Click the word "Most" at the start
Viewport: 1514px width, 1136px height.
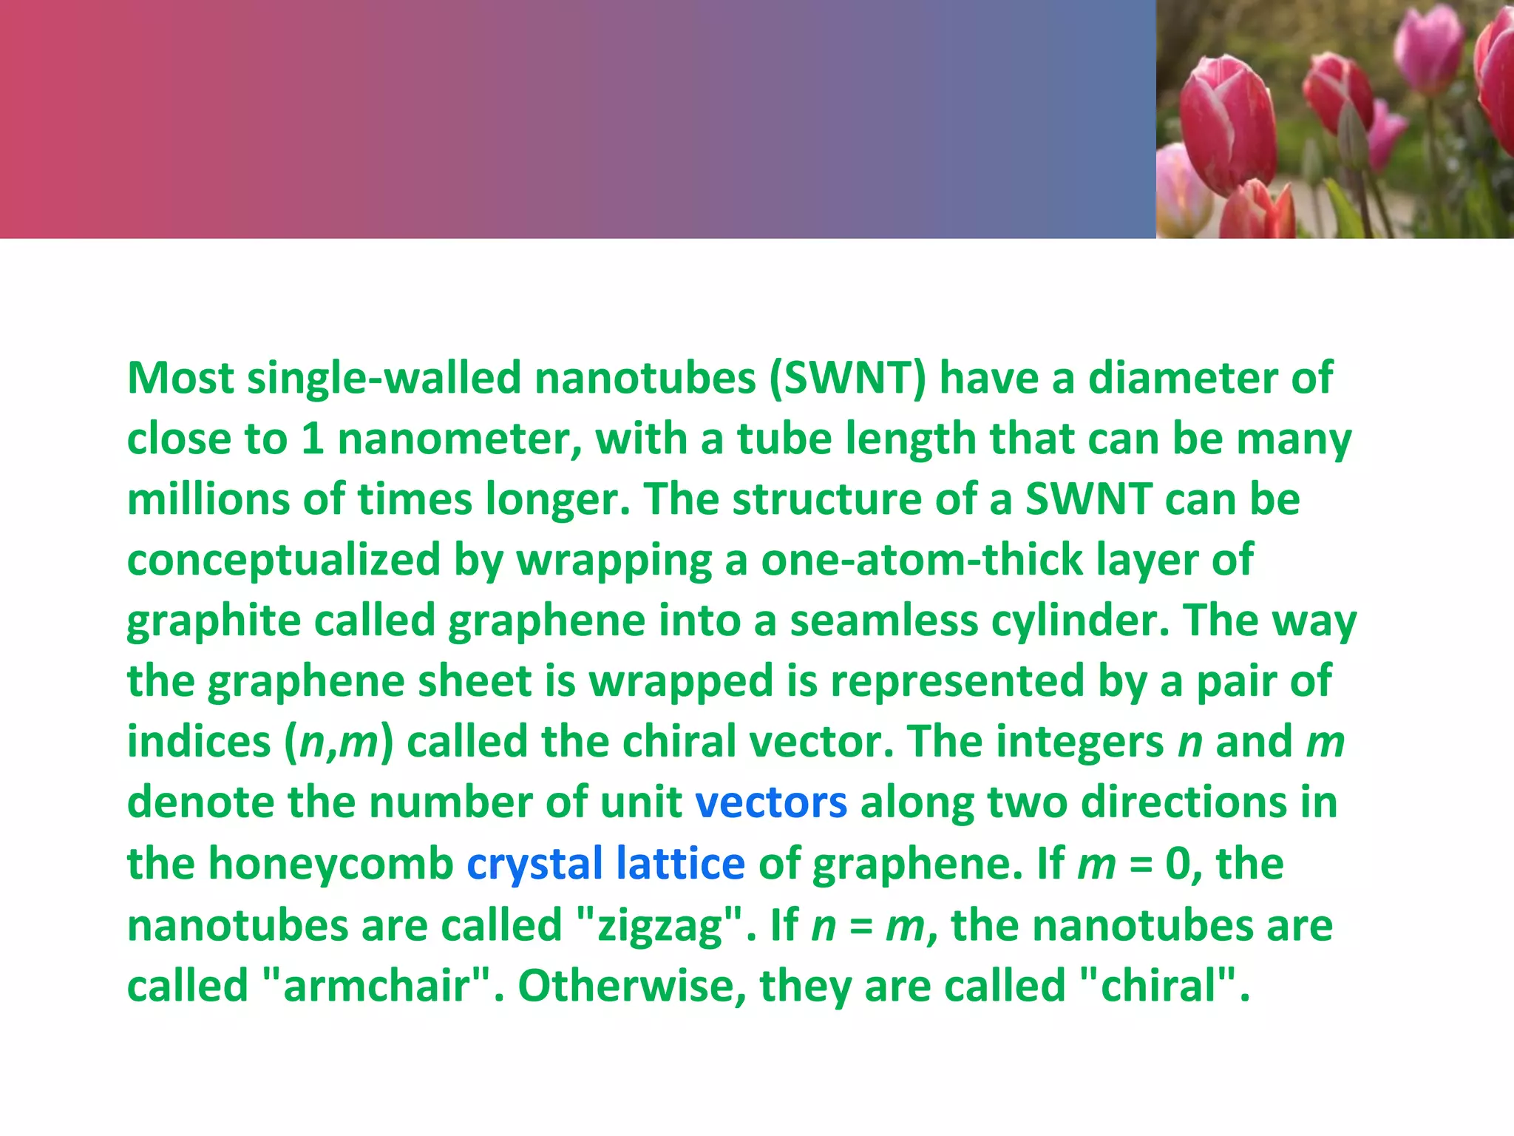click(180, 378)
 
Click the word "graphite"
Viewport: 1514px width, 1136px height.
click(214, 622)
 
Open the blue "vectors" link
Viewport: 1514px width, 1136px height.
click(770, 803)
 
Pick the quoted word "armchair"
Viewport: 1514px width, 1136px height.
click(377, 987)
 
